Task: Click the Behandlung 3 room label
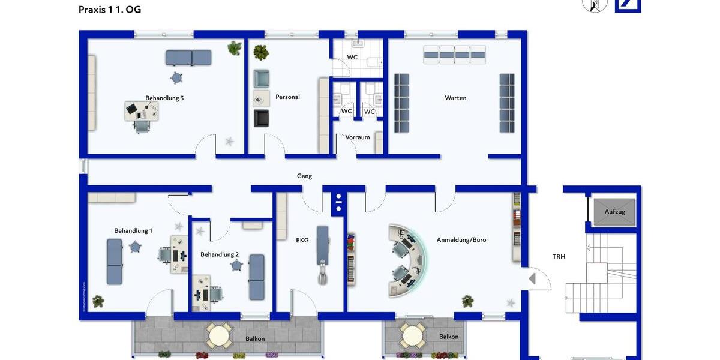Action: (x=164, y=98)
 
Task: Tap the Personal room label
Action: (x=287, y=97)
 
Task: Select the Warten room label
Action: (x=455, y=98)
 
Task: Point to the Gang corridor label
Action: (x=304, y=176)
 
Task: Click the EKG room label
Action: (x=302, y=240)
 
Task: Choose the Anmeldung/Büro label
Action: (x=461, y=239)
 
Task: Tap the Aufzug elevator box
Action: (x=614, y=212)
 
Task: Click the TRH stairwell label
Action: (x=559, y=256)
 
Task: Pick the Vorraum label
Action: (x=358, y=137)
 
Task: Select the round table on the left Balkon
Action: (x=219, y=335)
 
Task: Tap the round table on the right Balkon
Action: (x=413, y=335)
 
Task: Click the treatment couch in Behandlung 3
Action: (x=188, y=58)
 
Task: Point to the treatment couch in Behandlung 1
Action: (x=115, y=262)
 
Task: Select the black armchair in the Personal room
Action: (x=261, y=118)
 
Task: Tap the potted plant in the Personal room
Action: (x=260, y=52)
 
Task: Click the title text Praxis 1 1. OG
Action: (x=110, y=10)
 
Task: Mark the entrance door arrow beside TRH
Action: (x=532, y=278)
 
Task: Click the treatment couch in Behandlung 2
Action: (x=257, y=277)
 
